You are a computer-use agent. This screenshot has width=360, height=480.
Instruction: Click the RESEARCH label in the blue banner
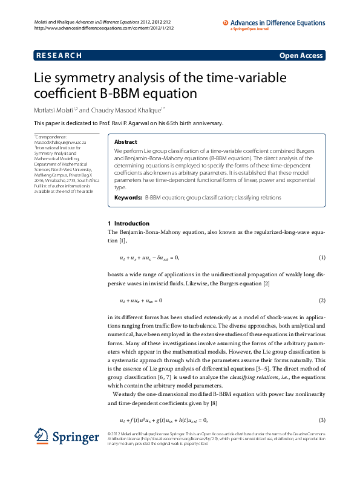[59, 56]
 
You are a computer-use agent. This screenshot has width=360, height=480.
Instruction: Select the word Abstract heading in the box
[126, 142]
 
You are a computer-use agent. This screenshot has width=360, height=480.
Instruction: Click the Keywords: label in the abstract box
[128, 198]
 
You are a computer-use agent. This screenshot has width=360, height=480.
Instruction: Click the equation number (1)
[322, 258]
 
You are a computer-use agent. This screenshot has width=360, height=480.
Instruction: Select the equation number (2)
[322, 300]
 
